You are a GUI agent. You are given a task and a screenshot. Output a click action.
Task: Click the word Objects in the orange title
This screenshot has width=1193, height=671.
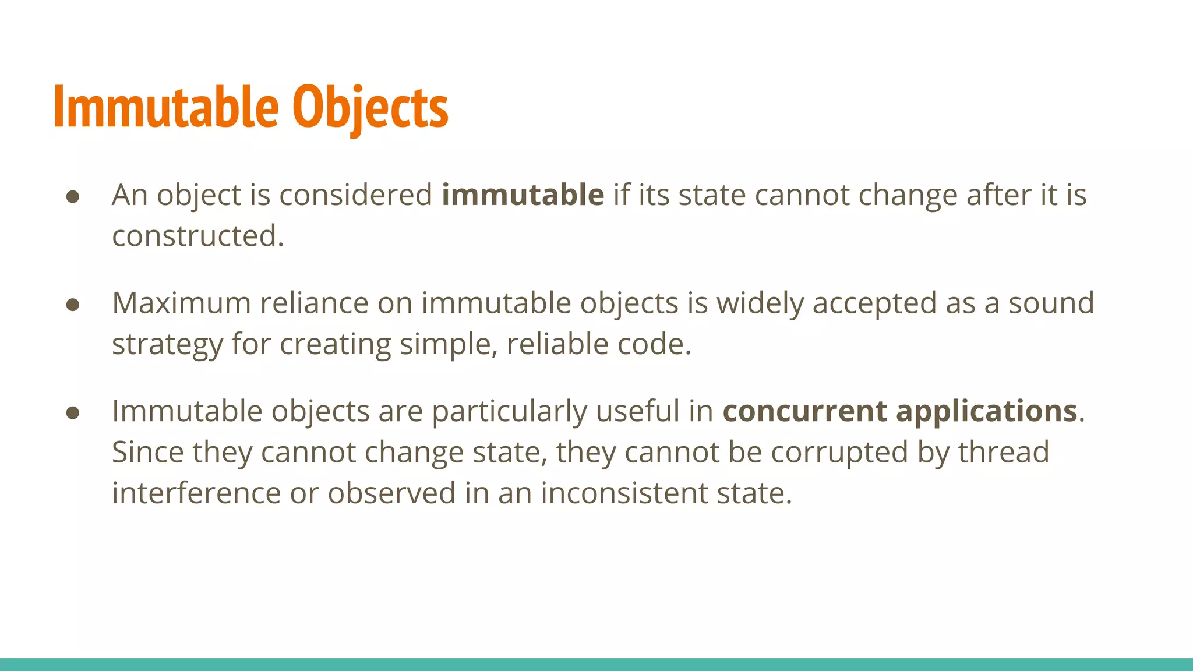(x=370, y=108)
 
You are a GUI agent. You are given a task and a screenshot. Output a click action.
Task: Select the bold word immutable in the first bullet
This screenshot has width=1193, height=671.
(x=523, y=195)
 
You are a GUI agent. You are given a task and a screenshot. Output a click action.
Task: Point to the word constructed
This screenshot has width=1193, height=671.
(x=197, y=236)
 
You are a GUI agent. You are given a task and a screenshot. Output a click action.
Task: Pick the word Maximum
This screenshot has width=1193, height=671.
(x=181, y=303)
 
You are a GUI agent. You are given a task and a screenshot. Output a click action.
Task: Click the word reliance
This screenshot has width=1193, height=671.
(x=314, y=303)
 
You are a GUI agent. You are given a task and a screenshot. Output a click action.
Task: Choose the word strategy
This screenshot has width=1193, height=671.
(x=167, y=345)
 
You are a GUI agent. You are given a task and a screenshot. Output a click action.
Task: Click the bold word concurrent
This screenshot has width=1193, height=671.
(x=804, y=411)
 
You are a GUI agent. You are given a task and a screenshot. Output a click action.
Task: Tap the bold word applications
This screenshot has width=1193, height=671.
(x=986, y=412)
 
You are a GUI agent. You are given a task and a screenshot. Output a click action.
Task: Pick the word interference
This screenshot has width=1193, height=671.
(x=196, y=493)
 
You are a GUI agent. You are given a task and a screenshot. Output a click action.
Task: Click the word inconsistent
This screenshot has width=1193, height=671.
(x=624, y=493)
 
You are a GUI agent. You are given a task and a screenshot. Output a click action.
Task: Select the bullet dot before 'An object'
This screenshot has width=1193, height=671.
(x=73, y=197)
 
